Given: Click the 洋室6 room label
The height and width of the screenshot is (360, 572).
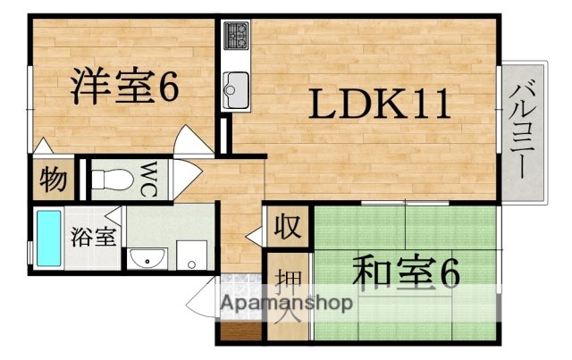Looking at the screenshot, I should tap(126, 87).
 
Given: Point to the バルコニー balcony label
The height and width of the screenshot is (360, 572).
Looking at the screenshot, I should tap(520, 131).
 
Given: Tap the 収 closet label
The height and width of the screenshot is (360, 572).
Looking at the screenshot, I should tap(286, 224).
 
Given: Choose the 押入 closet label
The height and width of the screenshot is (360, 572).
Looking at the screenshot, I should tap(287, 295).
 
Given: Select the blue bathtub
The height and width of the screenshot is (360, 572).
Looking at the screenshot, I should tap(46, 237).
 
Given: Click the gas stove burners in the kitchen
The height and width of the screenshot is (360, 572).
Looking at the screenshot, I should tap(237, 36).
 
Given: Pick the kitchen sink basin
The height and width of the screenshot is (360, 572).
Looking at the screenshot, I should tap(236, 88).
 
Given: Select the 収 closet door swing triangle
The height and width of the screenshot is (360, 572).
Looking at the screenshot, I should tap(255, 236).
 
